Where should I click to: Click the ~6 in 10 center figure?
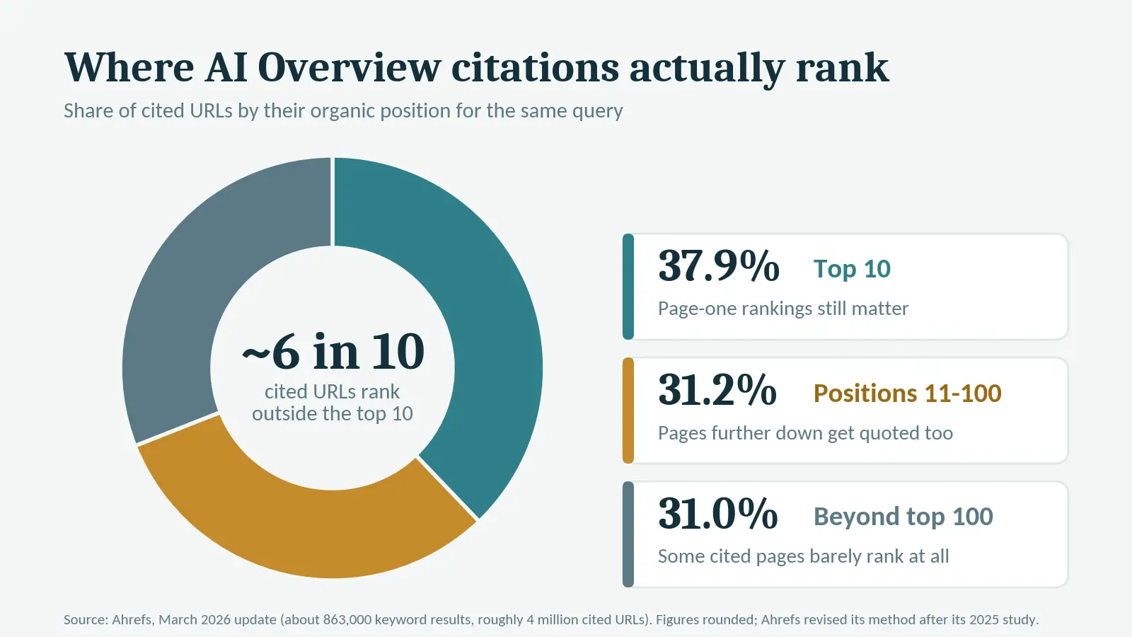click(x=333, y=352)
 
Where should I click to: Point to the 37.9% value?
click(x=719, y=266)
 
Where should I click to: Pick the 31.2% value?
click(x=717, y=390)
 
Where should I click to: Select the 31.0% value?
click(x=717, y=514)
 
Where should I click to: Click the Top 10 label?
click(x=852, y=269)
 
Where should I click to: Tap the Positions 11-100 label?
click(x=908, y=394)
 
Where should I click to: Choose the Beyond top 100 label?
click(x=903, y=517)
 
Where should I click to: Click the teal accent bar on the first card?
click(x=628, y=287)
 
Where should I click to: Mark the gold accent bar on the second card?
click(x=628, y=411)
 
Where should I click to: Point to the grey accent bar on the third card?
click(x=628, y=534)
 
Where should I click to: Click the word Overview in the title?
click(x=350, y=67)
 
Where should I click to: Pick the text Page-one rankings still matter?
click(x=782, y=309)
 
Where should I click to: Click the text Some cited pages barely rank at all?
click(x=804, y=556)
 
